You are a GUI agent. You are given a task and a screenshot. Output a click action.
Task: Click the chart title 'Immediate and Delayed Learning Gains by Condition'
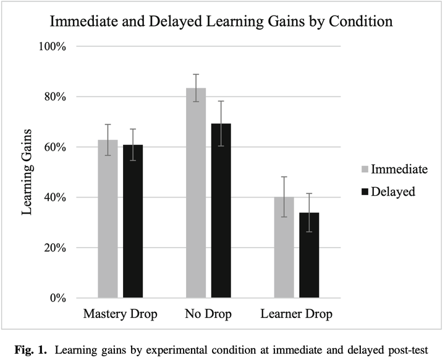221,22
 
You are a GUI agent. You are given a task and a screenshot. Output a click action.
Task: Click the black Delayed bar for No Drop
221,211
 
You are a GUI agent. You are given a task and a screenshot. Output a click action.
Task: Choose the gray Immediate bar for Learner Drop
284,247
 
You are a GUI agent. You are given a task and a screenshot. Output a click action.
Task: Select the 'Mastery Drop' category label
120,314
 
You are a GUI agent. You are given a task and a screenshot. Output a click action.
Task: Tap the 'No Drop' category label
208,314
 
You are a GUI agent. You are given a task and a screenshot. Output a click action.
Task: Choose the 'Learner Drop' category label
297,314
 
